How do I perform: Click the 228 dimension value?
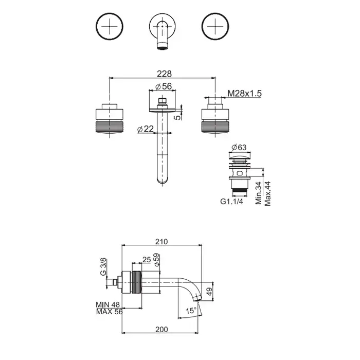(164, 74)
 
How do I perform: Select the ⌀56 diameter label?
(164, 86)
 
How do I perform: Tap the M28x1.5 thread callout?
(244, 94)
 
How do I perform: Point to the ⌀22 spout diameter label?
(146, 129)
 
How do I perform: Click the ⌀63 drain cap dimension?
(239, 147)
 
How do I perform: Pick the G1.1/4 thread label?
(231, 202)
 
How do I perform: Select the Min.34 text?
(259, 193)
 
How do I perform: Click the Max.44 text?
(267, 193)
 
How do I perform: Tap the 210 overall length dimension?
(161, 242)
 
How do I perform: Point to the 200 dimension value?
(161, 330)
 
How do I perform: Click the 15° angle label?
(191, 311)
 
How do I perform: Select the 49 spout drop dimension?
(209, 292)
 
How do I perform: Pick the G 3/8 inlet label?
(103, 267)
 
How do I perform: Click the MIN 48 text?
(107, 304)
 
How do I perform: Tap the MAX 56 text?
(110, 312)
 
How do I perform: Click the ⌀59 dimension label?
(157, 260)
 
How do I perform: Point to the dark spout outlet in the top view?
(163, 48)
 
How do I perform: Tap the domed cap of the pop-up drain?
(240, 157)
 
